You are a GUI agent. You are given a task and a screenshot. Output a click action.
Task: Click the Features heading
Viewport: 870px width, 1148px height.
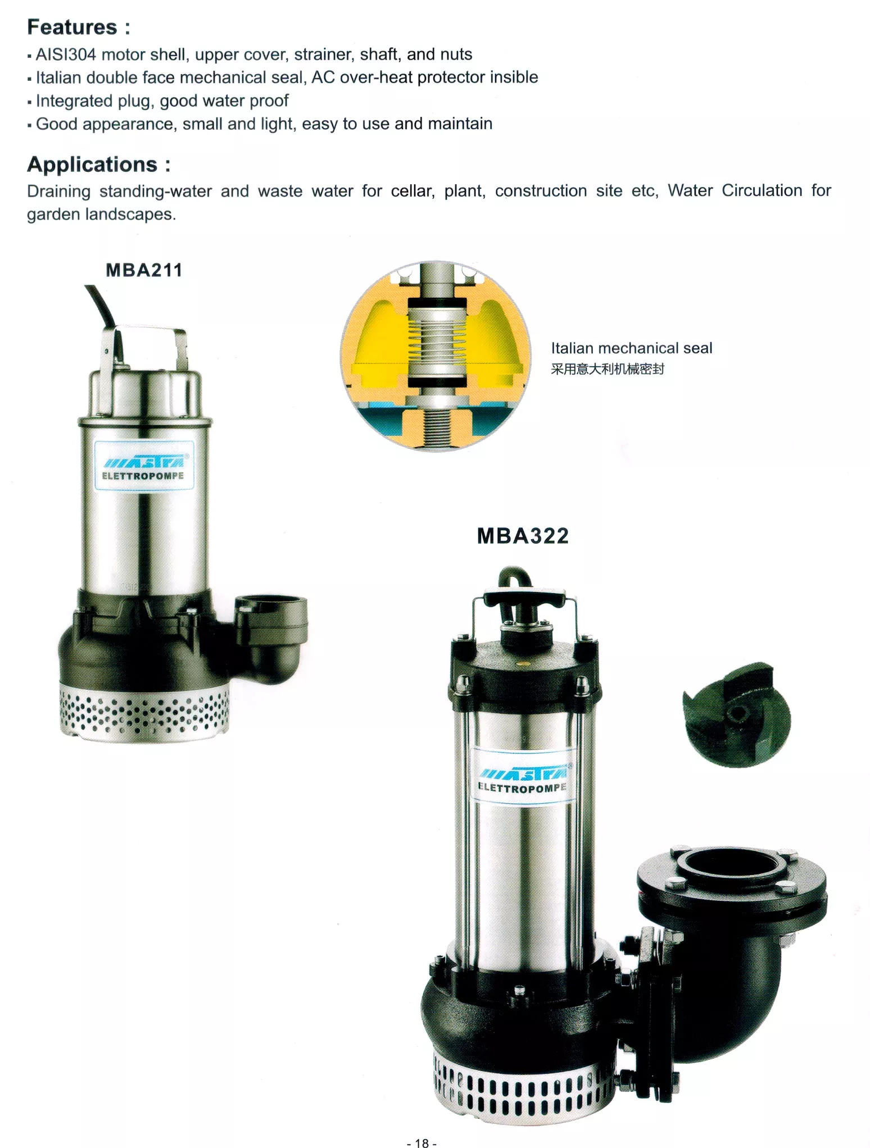[79, 27]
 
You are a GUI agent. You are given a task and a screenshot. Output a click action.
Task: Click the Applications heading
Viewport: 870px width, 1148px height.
[99, 165]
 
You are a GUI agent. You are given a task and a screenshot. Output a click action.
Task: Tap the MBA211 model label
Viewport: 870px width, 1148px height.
[144, 270]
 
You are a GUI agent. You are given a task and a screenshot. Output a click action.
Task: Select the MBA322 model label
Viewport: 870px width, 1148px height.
[523, 536]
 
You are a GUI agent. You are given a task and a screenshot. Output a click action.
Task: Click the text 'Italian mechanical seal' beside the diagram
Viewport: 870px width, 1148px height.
[632, 348]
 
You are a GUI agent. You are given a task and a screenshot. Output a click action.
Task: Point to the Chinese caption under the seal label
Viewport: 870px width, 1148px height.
[608, 369]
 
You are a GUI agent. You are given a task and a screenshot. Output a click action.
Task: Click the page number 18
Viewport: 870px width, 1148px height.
[422, 1142]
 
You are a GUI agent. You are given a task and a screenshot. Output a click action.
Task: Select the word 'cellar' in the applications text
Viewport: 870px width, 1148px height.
[413, 191]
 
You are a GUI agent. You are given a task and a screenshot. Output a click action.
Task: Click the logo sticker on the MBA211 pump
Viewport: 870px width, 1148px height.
[144, 466]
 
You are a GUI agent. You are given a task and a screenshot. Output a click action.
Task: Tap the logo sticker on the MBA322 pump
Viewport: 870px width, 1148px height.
[523, 776]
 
